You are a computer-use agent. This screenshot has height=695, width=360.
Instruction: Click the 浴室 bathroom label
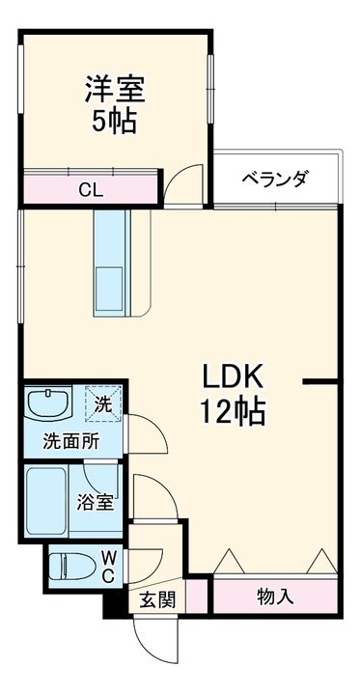[x=97, y=503]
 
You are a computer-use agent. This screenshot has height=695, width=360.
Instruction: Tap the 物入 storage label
[x=274, y=597]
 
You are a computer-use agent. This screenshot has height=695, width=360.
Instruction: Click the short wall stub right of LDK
[x=319, y=383]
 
